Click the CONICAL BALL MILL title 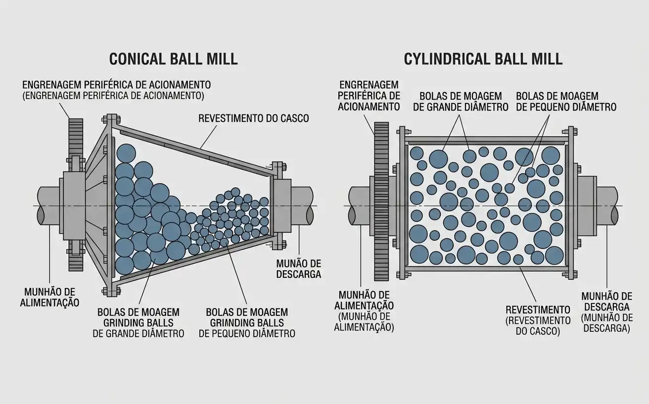pos(173,59)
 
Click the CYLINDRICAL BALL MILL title pos(483,59)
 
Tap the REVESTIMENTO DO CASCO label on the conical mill pos(253,118)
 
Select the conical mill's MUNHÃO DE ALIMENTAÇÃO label pos(49,297)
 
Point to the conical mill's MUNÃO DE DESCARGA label pos(299,269)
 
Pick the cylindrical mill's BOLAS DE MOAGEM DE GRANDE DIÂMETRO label pos(461,101)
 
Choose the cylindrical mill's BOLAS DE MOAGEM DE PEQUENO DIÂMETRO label pos(566,101)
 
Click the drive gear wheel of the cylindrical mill pos(381,202)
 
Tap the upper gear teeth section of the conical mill pos(76,138)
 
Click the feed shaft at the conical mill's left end pos(48,205)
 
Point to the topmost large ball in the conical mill pos(126,153)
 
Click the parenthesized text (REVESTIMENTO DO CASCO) pos(538,326)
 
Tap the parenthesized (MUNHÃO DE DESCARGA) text pos(606,323)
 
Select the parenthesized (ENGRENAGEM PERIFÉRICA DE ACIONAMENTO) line pos(113,96)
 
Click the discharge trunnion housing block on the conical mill pos(282,205)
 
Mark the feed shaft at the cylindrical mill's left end pos(359,205)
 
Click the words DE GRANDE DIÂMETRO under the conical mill pos(139,334)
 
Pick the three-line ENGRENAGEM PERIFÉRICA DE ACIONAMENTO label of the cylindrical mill pos(369,96)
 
